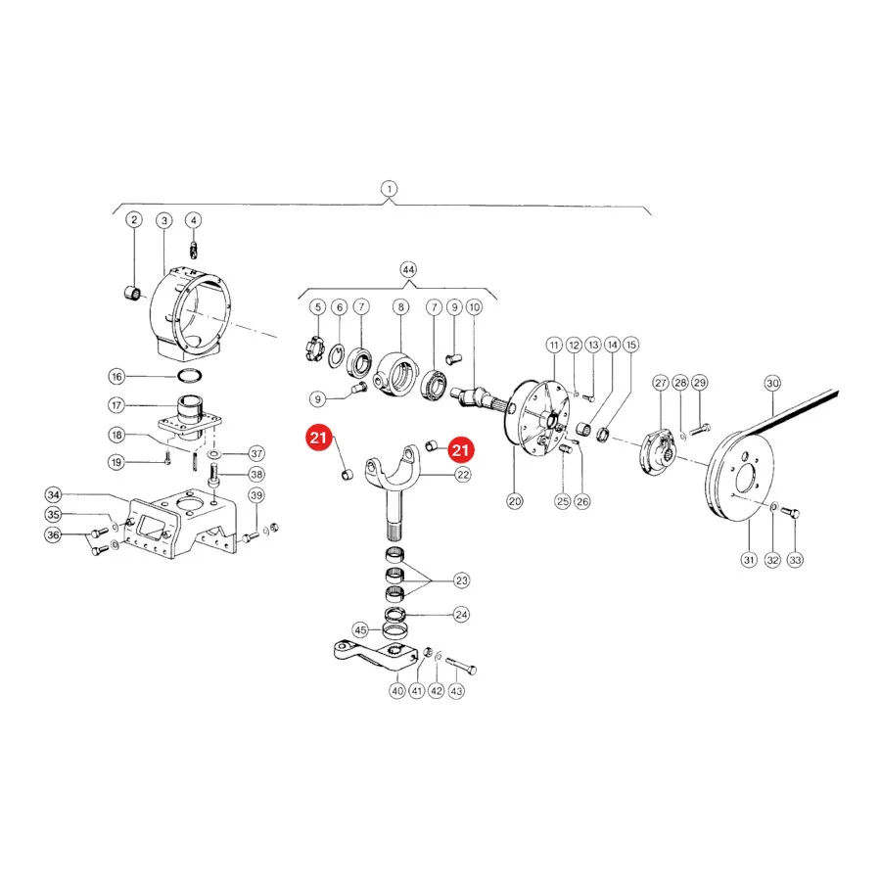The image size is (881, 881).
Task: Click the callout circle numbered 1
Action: (389, 189)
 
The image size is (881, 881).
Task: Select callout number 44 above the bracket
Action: (408, 270)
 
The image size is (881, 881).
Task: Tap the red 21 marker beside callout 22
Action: (461, 450)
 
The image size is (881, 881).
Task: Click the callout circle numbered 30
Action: (772, 383)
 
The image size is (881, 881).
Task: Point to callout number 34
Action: (54, 495)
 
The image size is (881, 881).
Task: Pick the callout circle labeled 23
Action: (462, 580)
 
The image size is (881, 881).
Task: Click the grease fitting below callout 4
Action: (194, 249)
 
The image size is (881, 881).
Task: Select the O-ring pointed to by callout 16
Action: (190, 375)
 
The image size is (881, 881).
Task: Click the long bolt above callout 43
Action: (461, 664)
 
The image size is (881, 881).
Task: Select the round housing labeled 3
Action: (191, 316)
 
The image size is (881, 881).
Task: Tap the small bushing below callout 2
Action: (132, 293)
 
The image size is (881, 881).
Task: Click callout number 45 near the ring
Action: (360, 629)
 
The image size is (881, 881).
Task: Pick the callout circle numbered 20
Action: (515, 501)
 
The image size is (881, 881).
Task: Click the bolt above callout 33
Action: (791, 512)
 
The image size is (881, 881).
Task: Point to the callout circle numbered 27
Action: (660, 383)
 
